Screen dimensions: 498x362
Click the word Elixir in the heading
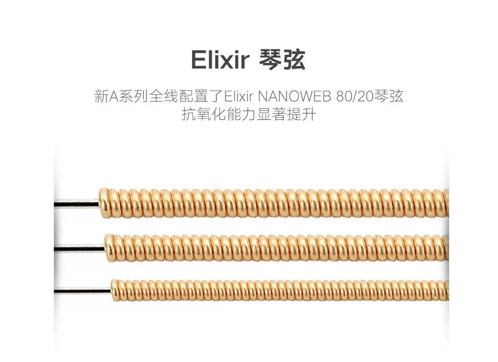(220, 59)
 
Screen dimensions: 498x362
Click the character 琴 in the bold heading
(270, 59)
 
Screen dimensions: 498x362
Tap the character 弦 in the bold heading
(294, 59)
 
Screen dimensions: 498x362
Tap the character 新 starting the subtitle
(102, 96)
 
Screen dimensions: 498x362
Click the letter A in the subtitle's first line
(114, 97)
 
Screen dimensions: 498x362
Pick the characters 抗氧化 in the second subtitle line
(204, 114)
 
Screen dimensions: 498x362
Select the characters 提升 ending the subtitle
(301, 114)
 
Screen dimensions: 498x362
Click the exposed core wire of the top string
(76, 203)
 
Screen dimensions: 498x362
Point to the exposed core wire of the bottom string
(82, 291)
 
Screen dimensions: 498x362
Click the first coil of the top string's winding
(104, 203)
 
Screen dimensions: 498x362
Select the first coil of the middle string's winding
(110, 248)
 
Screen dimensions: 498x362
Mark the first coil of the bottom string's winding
(115, 290)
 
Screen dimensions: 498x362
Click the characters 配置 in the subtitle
(194, 96)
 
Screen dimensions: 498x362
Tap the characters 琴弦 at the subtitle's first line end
(388, 96)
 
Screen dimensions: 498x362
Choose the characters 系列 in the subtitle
(133, 96)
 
